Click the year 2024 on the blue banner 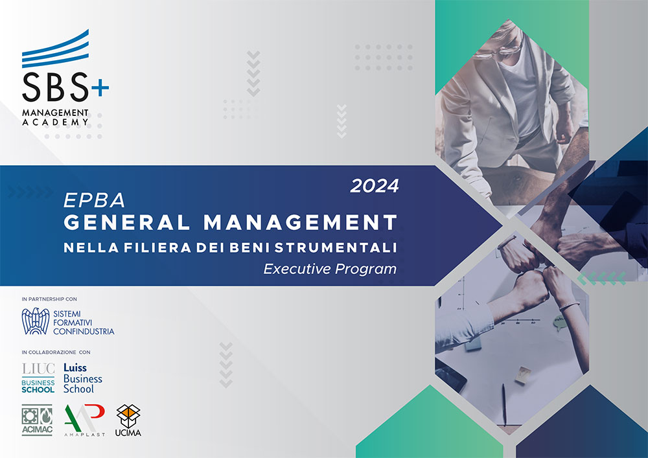(x=375, y=187)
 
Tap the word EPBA (x=94, y=201)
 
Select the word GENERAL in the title (x=126, y=222)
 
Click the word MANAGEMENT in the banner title (x=301, y=222)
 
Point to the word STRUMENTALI (x=336, y=247)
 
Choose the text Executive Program (x=330, y=269)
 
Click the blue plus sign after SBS (x=100, y=87)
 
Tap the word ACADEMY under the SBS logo (x=55, y=122)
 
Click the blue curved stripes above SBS (x=55, y=49)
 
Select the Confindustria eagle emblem (x=36, y=321)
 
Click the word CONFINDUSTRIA (x=84, y=332)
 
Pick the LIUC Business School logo (x=38, y=378)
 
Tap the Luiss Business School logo (x=83, y=378)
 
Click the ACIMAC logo (x=37, y=420)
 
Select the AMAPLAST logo (x=85, y=420)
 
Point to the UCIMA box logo (x=128, y=420)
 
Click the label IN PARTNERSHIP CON (x=49, y=299)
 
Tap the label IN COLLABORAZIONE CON (x=56, y=352)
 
